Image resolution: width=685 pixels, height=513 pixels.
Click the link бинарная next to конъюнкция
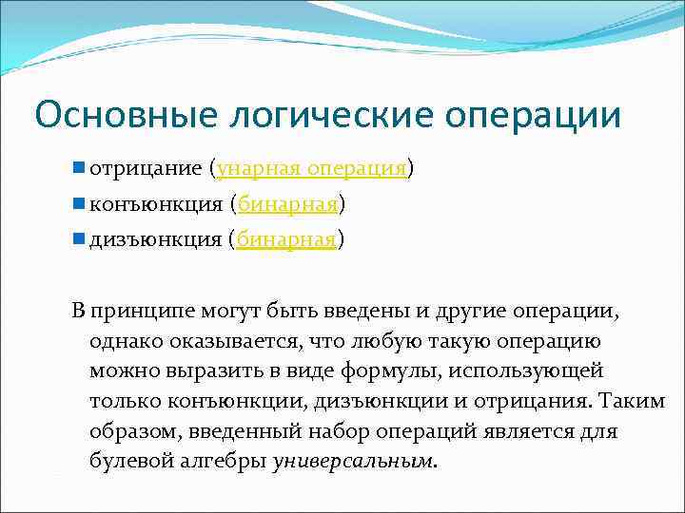(287, 204)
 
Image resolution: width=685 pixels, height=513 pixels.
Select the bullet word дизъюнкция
(156, 240)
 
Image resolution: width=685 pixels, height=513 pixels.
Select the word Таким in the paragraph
(632, 401)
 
